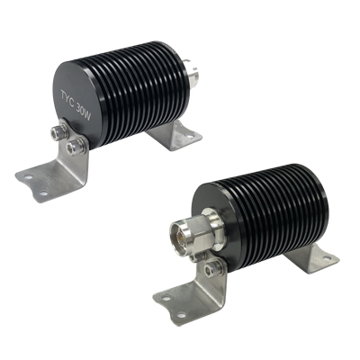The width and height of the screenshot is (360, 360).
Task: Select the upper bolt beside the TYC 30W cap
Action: (x=57, y=132)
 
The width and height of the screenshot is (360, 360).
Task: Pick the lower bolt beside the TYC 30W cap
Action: (x=73, y=147)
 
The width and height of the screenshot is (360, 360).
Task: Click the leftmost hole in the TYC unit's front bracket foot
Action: (x=29, y=177)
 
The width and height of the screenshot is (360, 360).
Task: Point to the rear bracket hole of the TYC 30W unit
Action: (x=189, y=136)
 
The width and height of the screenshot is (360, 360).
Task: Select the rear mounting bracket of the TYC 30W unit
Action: (x=174, y=135)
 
